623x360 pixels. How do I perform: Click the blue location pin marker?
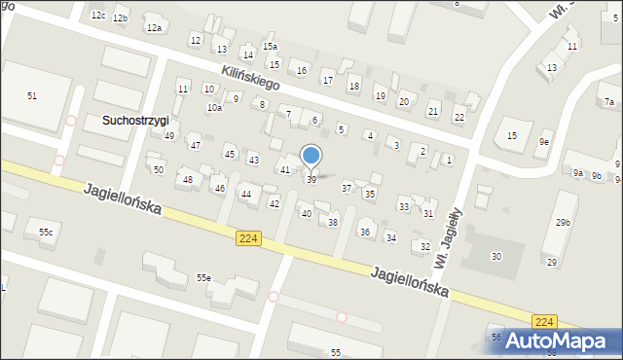[x=311, y=156]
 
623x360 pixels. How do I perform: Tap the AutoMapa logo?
[x=554, y=341]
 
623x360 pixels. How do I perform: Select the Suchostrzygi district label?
[x=135, y=120]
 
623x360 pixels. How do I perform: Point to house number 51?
[x=32, y=95]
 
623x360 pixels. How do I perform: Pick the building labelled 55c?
[x=45, y=233]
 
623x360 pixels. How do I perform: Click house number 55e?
[x=203, y=278]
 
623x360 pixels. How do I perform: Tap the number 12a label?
[x=154, y=28]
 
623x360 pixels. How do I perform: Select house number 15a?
[x=270, y=47]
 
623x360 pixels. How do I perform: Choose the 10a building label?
[x=214, y=108]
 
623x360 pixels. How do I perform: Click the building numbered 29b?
[x=563, y=223]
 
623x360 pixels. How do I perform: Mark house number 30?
[x=496, y=256]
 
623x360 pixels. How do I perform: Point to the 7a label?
[x=609, y=102]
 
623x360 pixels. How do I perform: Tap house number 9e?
[x=545, y=142]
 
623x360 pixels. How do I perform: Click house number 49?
[x=169, y=136]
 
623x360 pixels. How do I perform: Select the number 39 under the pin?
[x=311, y=180]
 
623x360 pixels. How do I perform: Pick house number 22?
[x=459, y=117]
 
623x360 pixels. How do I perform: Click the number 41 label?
[x=285, y=170]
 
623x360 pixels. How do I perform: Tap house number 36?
[x=365, y=232]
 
